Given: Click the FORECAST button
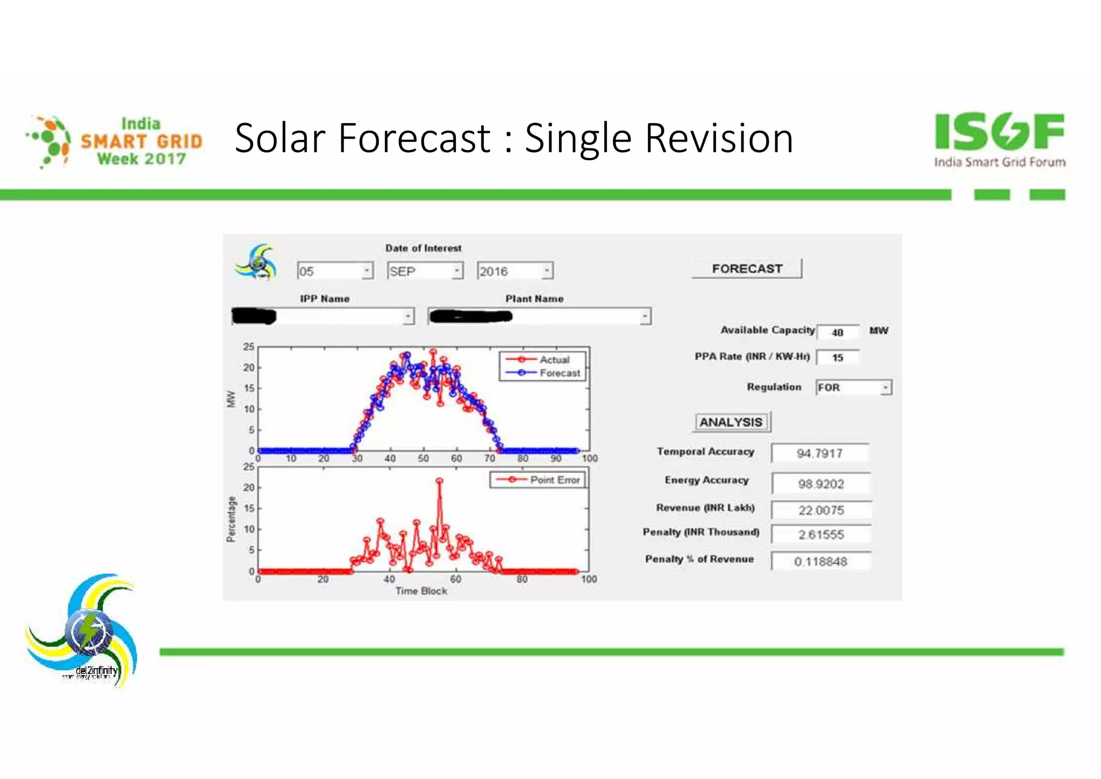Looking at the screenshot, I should [x=747, y=268].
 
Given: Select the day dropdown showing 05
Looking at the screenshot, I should [x=334, y=271].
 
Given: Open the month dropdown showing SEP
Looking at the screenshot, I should [x=425, y=271].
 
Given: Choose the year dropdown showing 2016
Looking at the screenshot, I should [x=514, y=271].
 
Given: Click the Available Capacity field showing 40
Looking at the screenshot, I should [x=838, y=332].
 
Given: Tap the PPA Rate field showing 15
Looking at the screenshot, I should [x=838, y=358].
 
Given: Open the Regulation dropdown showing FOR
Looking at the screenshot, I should [x=853, y=387].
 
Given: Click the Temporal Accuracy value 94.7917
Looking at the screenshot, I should [x=820, y=454].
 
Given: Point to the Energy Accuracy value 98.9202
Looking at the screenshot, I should [x=821, y=484].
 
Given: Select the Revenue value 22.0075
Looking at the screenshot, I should [x=821, y=510].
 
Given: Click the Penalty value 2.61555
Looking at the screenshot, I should [x=821, y=535].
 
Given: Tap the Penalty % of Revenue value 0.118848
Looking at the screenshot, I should [x=821, y=562].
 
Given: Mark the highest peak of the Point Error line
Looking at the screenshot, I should [x=440, y=481].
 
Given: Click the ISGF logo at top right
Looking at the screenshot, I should [x=999, y=139].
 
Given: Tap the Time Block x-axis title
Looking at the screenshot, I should [x=421, y=591].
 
